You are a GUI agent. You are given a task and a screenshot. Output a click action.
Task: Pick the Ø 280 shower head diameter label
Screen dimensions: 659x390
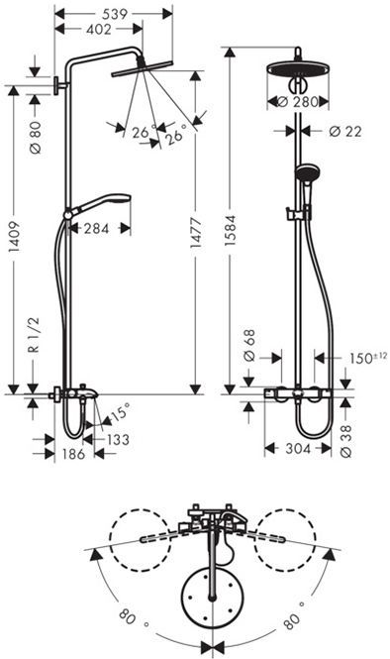pos(300,101)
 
